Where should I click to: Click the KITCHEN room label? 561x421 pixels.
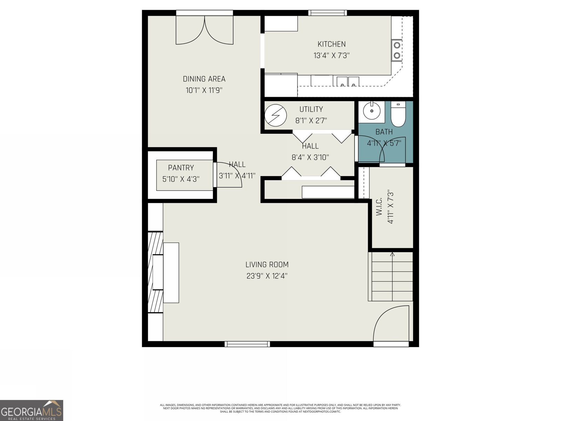(331, 44)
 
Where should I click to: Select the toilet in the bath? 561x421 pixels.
(398, 115)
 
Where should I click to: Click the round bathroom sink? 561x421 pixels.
(371, 112)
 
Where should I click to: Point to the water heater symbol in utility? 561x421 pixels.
(276, 115)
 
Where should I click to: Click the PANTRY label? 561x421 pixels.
(181, 168)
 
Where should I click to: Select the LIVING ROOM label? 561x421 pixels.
(267, 265)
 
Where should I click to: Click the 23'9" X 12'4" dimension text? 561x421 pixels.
(267, 276)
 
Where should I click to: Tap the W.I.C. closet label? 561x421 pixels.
(379, 208)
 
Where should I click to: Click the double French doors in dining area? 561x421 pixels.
(204, 31)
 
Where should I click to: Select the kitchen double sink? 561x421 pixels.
(348, 81)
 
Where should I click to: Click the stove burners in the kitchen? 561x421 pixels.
(397, 50)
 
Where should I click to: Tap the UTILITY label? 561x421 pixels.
(311, 109)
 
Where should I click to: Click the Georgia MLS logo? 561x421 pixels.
(32, 410)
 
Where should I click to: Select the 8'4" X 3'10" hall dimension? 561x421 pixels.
(310, 158)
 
